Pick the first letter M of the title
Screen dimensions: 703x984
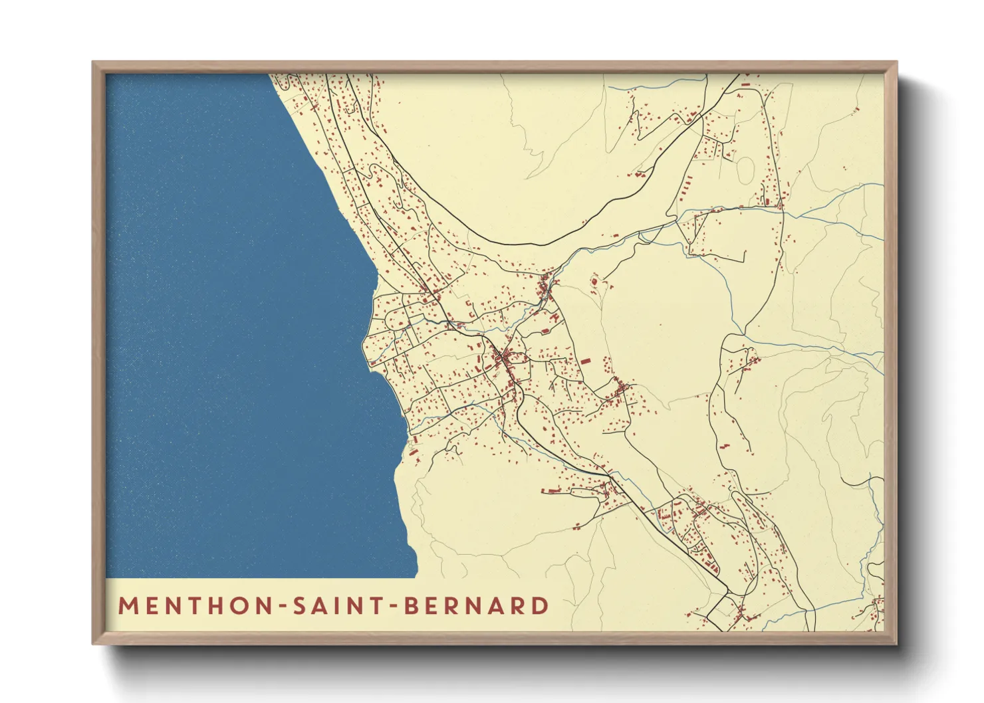tap(126, 606)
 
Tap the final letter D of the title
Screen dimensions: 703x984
tap(541, 606)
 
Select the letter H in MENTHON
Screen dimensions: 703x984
tap(221, 606)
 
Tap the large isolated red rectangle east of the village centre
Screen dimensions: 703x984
tap(585, 361)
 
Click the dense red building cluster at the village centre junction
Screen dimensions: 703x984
tap(503, 359)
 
